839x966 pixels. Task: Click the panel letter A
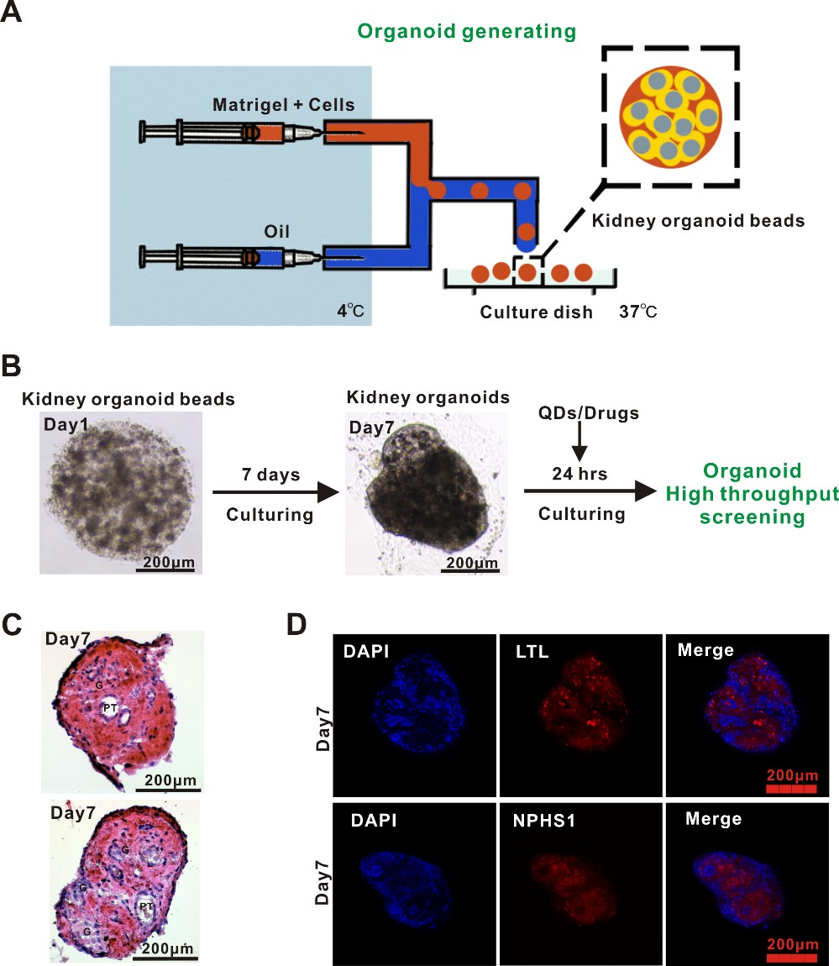click(x=13, y=15)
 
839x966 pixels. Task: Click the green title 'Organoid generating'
click(x=466, y=32)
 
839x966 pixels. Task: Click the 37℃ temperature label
click(x=638, y=311)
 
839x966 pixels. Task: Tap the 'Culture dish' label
click(x=536, y=312)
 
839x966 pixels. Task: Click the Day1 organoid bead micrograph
click(x=118, y=491)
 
